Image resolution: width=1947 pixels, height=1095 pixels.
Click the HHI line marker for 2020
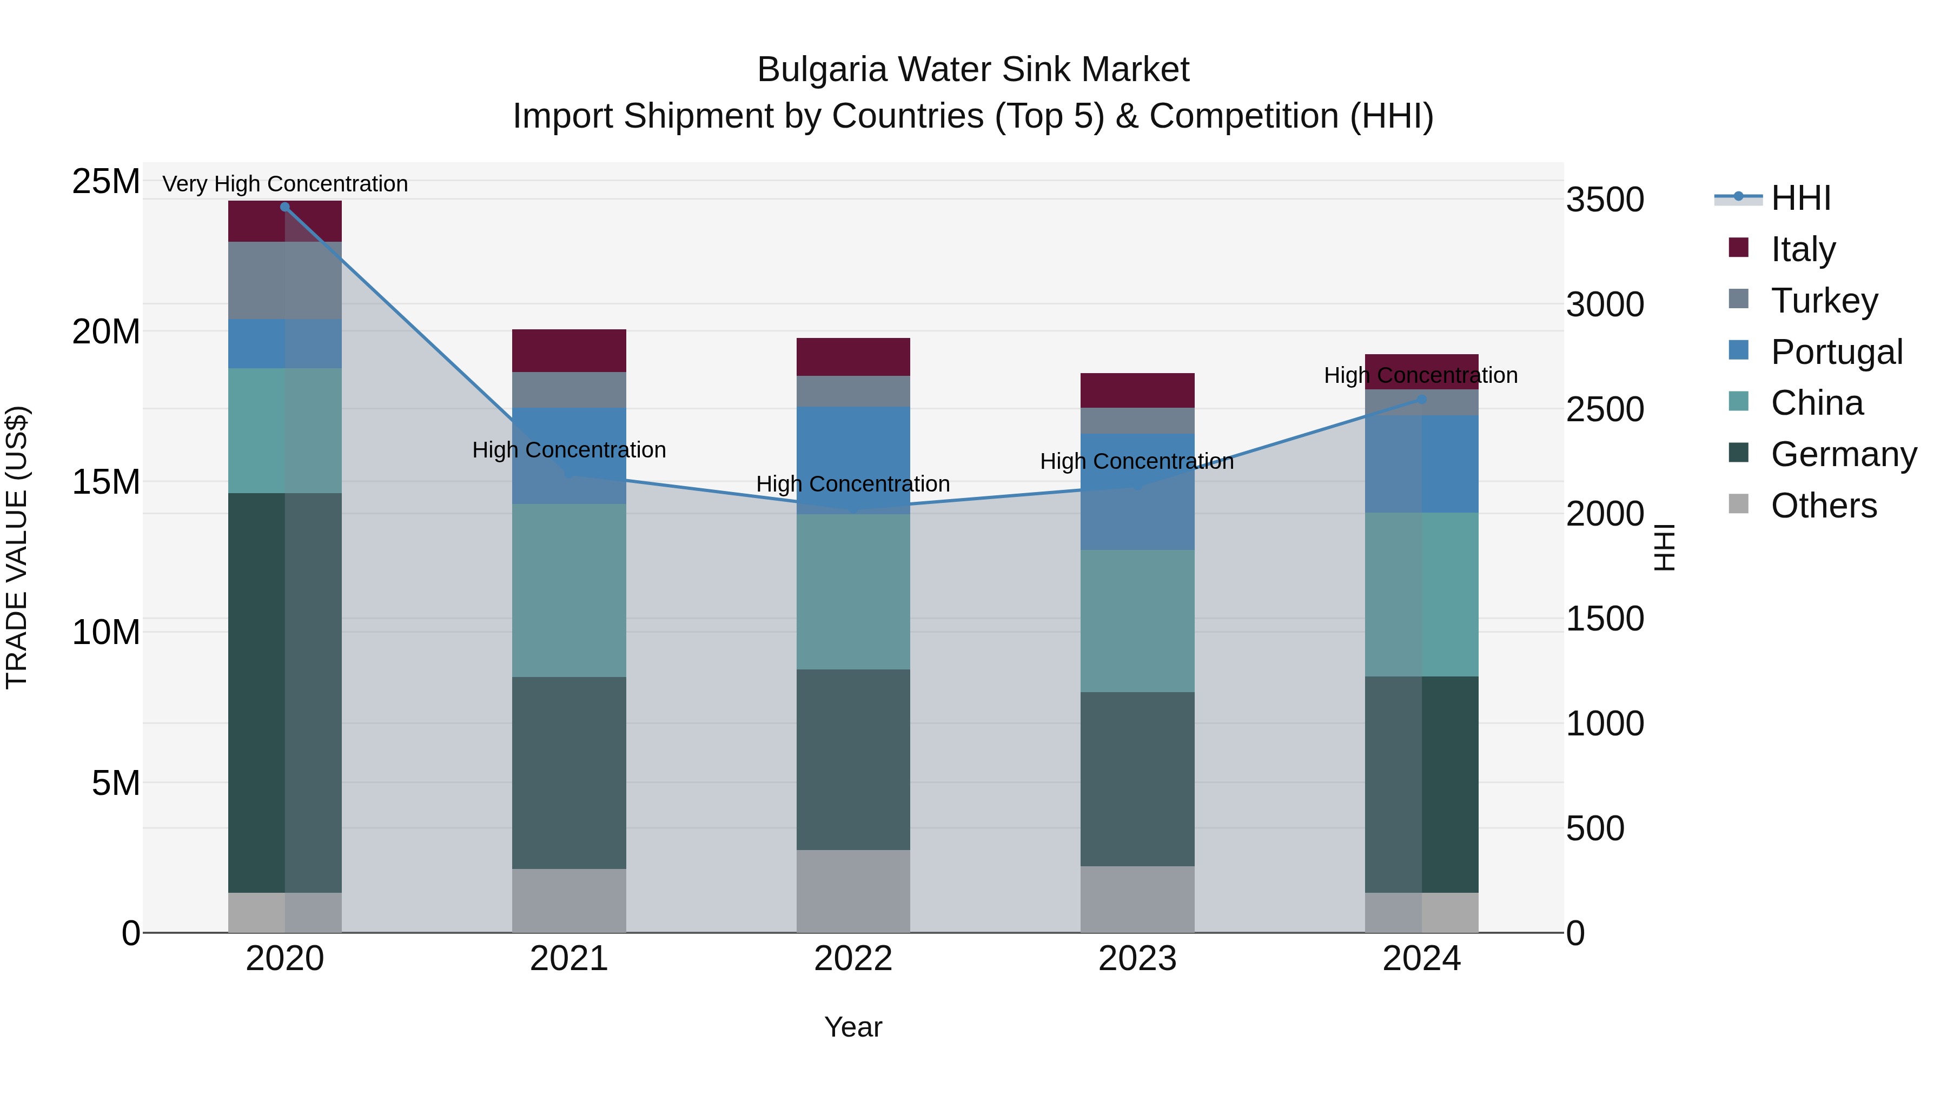point(285,207)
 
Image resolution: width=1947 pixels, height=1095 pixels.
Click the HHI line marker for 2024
point(1422,399)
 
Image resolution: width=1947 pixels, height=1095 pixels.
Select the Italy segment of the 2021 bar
point(569,350)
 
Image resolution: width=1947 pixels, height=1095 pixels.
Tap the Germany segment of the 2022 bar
point(853,760)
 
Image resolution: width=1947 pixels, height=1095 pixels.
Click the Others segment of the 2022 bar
point(853,891)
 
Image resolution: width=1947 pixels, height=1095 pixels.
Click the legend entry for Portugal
point(1837,352)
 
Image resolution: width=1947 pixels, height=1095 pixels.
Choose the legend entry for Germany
point(1843,454)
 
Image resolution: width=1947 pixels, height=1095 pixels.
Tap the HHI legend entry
point(1800,198)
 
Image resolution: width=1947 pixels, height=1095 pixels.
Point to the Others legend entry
point(1823,506)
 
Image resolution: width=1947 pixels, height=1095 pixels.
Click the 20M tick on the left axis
point(106,332)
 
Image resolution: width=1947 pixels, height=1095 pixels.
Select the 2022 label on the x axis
point(853,959)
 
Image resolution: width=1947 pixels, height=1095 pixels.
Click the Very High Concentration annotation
point(285,184)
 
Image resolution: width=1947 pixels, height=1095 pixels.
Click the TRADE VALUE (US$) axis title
point(17,547)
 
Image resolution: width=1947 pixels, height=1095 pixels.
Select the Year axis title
point(853,1027)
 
